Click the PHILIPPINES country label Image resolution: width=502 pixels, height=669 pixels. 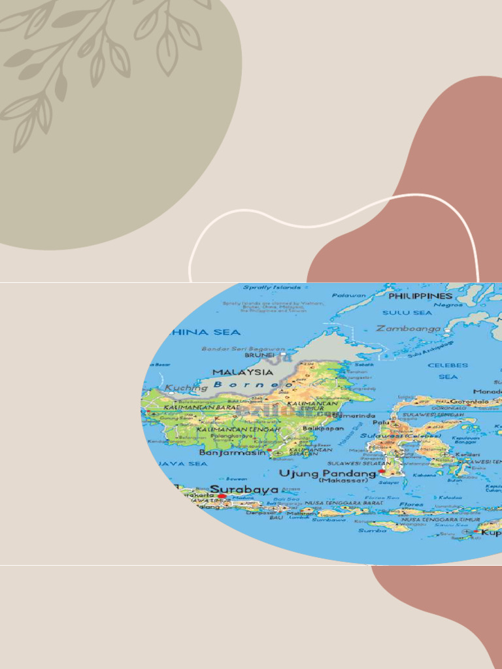pos(420,296)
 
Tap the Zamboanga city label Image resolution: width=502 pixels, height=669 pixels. pos(409,329)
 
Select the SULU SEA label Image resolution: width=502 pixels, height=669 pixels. pos(407,312)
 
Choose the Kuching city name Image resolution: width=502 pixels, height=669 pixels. pos(186,387)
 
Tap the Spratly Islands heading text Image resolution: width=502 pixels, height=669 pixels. pos(272,287)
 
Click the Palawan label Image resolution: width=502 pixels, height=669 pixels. pos(349,295)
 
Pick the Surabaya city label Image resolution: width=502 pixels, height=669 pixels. pos(244,489)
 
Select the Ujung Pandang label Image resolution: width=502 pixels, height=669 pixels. pos(327,472)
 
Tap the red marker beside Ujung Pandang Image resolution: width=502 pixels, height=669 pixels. pos(382,471)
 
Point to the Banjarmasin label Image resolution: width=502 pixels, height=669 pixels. pos(233,452)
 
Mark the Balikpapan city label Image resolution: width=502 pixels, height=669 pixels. pos(323,429)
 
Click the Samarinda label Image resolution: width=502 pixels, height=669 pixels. pos(354,416)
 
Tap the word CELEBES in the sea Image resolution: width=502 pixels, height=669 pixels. pos(448,365)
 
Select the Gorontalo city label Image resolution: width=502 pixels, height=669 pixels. pos(469,401)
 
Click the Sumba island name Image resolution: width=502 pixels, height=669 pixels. pos(372,530)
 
